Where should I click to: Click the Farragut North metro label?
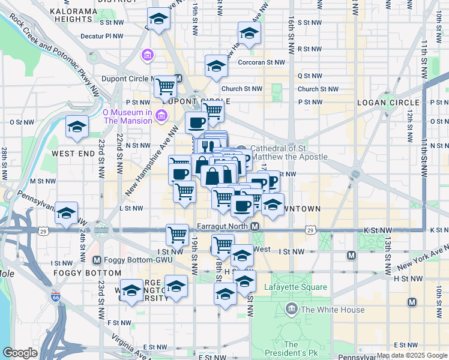223,227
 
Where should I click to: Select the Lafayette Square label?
296,287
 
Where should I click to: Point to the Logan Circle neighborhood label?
384,103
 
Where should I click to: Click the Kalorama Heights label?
74,16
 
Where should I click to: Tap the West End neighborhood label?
72,154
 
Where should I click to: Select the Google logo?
20,353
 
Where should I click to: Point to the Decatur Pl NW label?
101,36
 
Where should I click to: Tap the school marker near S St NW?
158,19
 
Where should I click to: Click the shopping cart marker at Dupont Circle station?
165,86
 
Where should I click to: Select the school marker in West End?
77,127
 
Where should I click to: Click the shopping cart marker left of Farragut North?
177,234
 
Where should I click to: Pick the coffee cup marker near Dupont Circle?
196,124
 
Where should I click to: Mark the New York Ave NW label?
420,257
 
